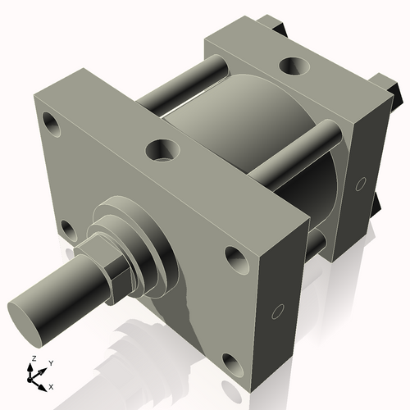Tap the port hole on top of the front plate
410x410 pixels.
point(161,150)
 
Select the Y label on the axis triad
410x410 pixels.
point(50,362)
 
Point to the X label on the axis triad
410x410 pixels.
point(51,385)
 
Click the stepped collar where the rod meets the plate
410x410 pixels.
point(139,238)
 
